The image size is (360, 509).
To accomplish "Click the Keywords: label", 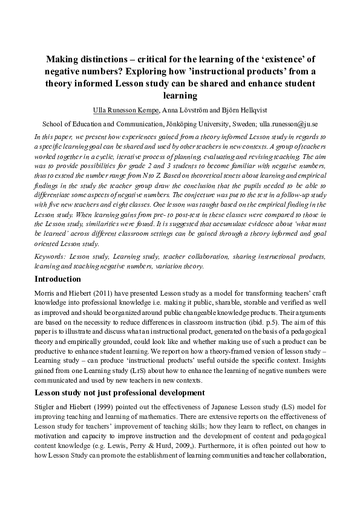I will [50, 257].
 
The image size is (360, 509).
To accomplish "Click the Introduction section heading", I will [57, 279].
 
